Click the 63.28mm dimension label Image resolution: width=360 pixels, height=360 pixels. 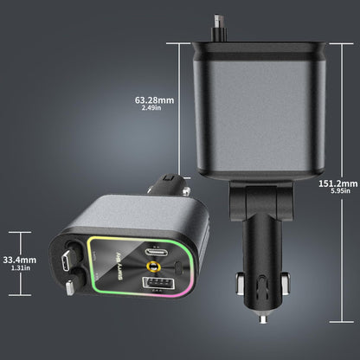click(154, 100)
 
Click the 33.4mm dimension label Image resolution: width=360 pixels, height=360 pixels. click(20, 259)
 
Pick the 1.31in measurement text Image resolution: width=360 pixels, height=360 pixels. click(20, 268)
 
